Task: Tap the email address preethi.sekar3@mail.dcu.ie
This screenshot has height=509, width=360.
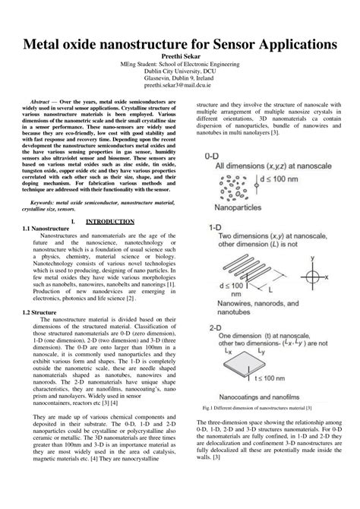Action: click(x=180, y=86)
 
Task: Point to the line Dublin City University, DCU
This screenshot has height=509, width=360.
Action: click(x=180, y=72)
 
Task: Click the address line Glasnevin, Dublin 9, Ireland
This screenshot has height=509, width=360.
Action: click(x=180, y=79)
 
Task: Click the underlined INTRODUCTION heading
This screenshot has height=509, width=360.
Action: click(x=109, y=222)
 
